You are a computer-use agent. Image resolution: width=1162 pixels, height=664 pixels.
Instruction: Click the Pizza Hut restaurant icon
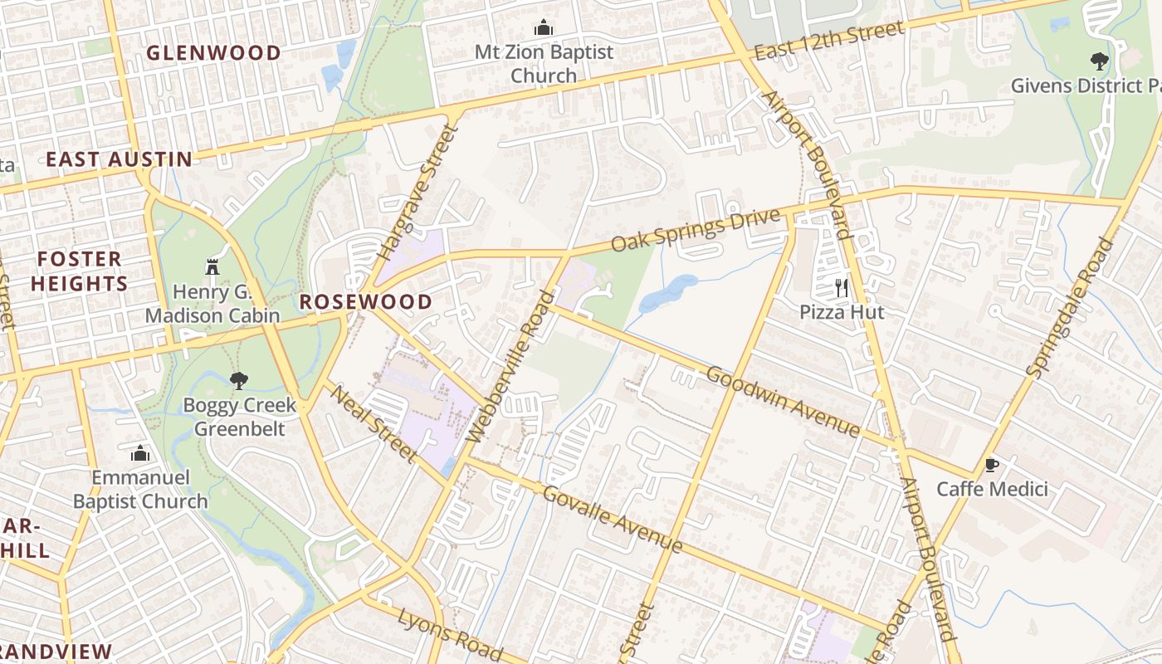pos(842,288)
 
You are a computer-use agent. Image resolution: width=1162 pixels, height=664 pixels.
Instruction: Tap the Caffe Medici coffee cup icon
pos(991,465)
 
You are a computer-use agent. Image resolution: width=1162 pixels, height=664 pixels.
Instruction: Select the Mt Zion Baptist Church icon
pos(544,28)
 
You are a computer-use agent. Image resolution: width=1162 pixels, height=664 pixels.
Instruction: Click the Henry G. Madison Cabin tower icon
pos(211,267)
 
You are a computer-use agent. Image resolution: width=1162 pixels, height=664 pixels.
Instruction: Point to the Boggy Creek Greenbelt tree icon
pos(239,381)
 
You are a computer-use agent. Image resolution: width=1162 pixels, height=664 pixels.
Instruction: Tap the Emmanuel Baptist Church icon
pos(140,453)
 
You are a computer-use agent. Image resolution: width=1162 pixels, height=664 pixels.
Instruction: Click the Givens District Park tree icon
pos(1099,61)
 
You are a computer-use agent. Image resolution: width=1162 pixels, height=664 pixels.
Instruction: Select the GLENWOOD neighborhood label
pos(214,53)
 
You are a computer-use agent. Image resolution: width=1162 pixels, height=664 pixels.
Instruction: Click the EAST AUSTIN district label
pos(119,159)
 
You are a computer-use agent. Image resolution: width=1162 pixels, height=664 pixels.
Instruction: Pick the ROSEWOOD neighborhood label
pos(366,302)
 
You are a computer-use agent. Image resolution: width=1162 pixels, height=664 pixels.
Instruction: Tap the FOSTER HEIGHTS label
pos(79,271)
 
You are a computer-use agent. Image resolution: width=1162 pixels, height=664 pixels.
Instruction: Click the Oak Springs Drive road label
pos(696,231)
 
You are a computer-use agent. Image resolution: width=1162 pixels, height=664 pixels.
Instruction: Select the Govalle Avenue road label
pos(613,520)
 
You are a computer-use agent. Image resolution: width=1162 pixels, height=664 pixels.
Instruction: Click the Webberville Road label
pos(510,366)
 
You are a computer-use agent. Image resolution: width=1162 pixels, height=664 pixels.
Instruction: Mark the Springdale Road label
pos(1072,307)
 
